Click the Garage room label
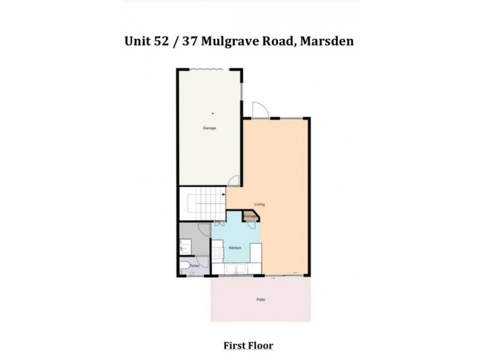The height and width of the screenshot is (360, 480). pos(210,128)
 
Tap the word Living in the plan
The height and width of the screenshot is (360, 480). pos(259,205)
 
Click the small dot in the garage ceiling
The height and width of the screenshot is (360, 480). pos(211,112)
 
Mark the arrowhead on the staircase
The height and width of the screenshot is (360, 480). pos(224,195)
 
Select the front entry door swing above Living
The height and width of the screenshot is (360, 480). pos(259,110)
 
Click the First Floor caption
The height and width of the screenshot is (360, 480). pos(248,346)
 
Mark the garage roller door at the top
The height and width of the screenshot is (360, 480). pos(210,70)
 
